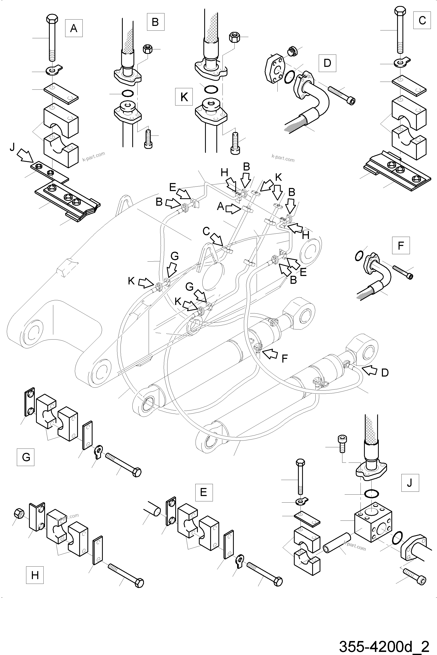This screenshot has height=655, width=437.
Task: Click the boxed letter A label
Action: point(74,28)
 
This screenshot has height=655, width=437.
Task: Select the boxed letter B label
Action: point(155,22)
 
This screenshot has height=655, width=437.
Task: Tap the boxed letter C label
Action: point(422,20)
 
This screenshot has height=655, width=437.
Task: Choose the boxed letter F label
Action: point(401,245)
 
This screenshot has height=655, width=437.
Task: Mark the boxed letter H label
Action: point(35,575)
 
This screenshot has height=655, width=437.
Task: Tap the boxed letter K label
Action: point(184,97)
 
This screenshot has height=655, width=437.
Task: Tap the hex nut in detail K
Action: point(235,37)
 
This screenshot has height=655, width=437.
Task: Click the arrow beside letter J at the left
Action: point(24,155)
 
